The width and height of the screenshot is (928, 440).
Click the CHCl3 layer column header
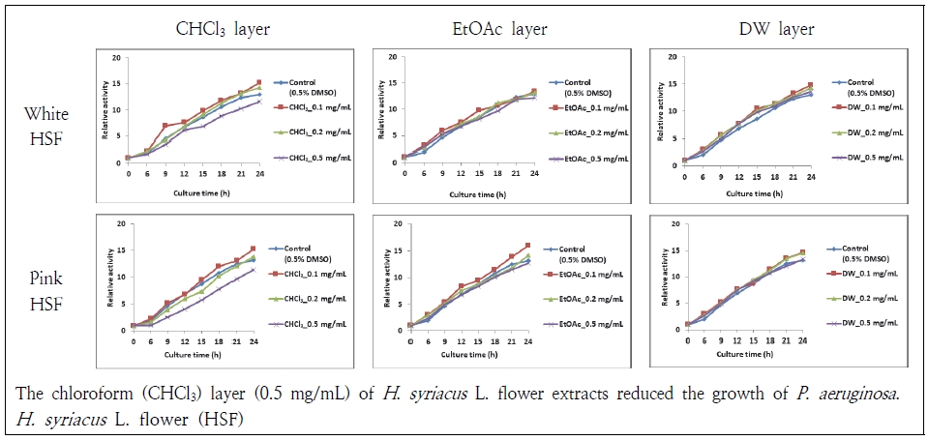222,28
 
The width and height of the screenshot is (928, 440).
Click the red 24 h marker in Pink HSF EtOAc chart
528,246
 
